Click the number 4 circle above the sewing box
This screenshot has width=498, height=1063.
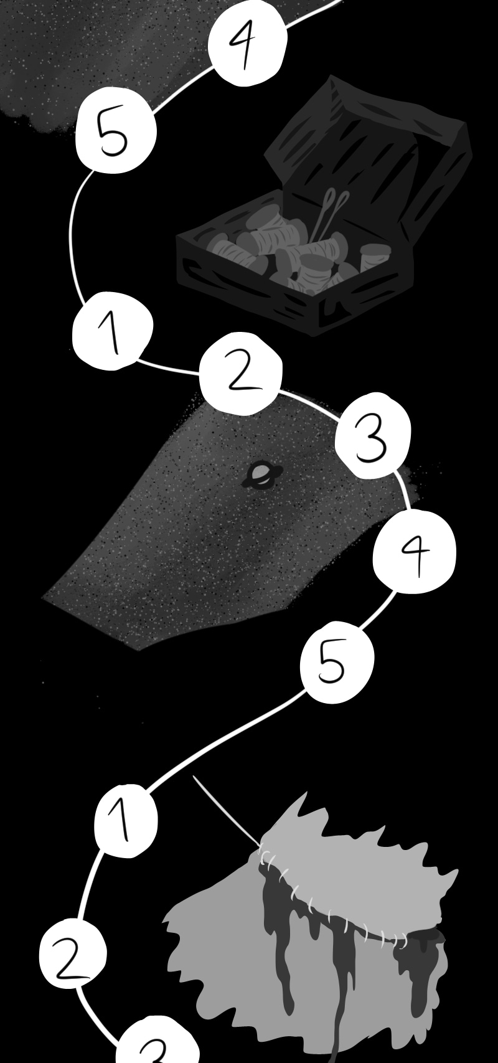pyautogui.click(x=248, y=43)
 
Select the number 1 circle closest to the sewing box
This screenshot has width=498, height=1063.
pyautogui.click(x=113, y=331)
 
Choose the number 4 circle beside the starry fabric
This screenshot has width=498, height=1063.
pyautogui.click(x=415, y=552)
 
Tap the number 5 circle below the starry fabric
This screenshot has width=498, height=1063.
pyautogui.click(x=337, y=662)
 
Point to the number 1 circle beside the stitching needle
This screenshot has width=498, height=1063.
pyautogui.click(x=126, y=821)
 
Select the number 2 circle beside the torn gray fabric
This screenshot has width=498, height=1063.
pyautogui.click(x=73, y=954)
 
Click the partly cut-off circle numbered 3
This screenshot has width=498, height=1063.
pyautogui.click(x=157, y=1042)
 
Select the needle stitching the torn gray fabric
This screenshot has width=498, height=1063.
pyautogui.click(x=227, y=813)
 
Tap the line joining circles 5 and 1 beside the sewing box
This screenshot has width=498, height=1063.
pyautogui.click(x=72, y=232)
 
